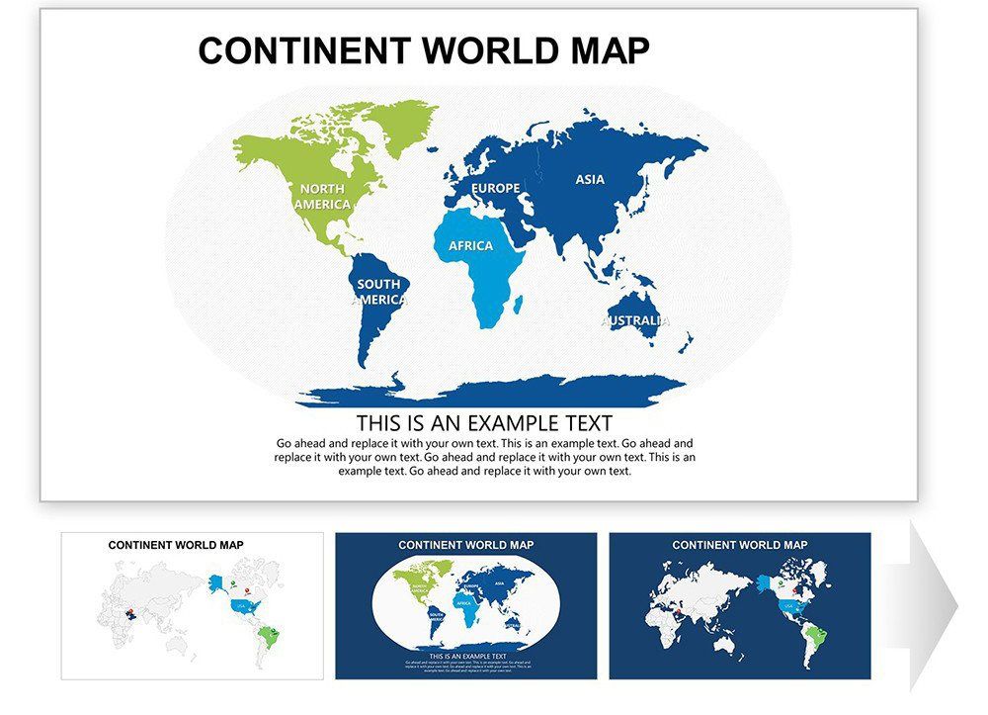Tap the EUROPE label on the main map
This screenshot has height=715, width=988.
coord(495,188)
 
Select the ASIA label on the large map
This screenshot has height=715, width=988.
coord(590,179)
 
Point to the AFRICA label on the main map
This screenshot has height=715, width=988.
coord(470,245)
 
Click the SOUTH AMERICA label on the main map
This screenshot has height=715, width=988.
coord(379,292)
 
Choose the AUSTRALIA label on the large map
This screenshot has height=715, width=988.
coord(635,320)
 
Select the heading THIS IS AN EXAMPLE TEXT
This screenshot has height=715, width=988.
coord(484,423)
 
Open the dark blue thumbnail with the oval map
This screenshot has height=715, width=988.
coord(465,605)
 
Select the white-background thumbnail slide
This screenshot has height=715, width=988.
coord(192,605)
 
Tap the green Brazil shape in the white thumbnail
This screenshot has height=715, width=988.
coord(265,634)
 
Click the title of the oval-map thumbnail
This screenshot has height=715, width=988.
coord(465,545)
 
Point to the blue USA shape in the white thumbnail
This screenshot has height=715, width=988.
coord(240,604)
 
